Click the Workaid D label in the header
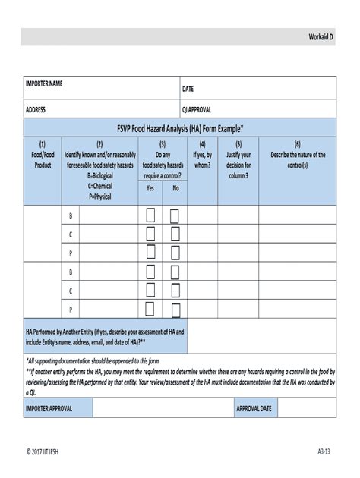tap(321, 37)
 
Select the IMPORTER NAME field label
tap(44, 83)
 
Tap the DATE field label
tap(188, 89)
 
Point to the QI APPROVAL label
tap(197, 110)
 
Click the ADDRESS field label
tap(36, 110)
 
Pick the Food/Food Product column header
tap(43, 154)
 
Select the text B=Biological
tap(100, 175)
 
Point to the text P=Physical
tap(100, 196)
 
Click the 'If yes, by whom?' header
tap(202, 154)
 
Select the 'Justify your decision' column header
tap(238, 159)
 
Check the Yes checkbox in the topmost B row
tap(150, 215)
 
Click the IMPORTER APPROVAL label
tap(49, 408)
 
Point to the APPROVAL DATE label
tap(254, 408)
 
